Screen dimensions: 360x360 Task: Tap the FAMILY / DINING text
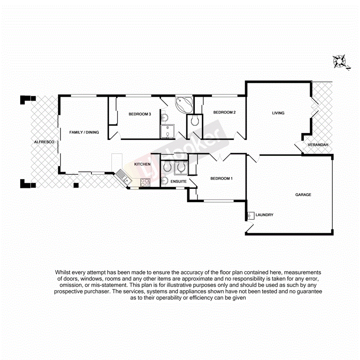[84, 132]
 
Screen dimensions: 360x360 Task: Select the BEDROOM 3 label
[139, 114]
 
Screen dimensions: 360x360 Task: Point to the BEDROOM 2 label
[224, 112]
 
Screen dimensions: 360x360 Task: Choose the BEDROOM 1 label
[221, 179]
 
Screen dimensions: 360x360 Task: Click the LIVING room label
[278, 113]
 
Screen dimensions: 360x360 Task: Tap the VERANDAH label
[318, 145]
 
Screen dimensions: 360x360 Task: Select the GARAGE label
[303, 195]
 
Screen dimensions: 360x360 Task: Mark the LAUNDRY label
[265, 215]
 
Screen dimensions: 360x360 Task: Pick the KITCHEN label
[142, 165]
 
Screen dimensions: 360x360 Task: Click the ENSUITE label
[178, 181]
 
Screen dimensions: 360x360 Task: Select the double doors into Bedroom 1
[220, 157]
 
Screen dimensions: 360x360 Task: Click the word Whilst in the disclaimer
[64, 272]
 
